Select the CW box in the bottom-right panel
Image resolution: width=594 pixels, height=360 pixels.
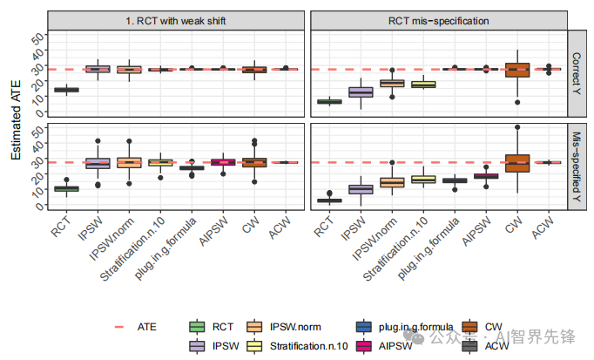coord(517,163)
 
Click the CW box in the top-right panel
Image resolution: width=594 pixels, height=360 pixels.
coord(517,71)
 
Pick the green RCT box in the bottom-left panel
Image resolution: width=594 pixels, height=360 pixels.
coord(66,188)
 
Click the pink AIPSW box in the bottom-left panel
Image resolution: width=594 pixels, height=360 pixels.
coord(223,162)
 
